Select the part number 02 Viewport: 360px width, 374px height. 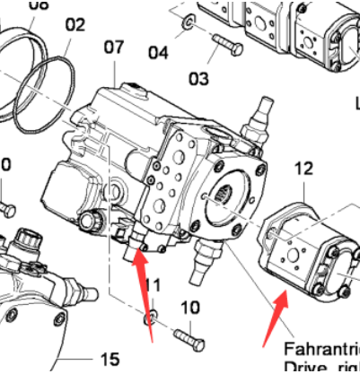click(x=75, y=25)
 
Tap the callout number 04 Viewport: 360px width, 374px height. click(x=159, y=53)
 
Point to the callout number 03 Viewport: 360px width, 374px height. click(x=198, y=80)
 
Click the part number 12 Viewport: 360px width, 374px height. click(x=303, y=167)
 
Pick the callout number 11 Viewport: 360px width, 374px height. click(x=153, y=285)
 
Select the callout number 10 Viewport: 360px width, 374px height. click(x=189, y=308)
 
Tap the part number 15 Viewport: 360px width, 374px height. click(x=109, y=360)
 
